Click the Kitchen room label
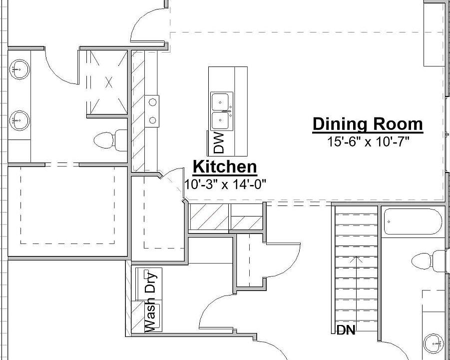pyautogui.click(x=225, y=166)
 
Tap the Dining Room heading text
pyautogui.click(x=368, y=124)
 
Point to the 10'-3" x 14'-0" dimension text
pyautogui.click(x=225, y=184)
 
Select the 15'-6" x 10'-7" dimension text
pyautogui.click(x=368, y=142)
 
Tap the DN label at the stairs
pyautogui.click(x=346, y=330)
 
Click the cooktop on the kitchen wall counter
pyautogui.click(x=152, y=110)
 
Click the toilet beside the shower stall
pyautogui.click(x=110, y=139)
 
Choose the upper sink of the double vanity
pyautogui.click(x=19, y=69)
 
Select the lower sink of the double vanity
pyautogui.click(x=19, y=120)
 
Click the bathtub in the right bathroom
pyautogui.click(x=413, y=221)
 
